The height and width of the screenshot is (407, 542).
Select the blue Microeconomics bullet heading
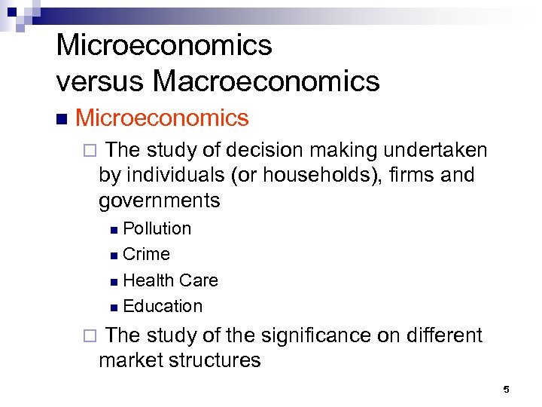[x=162, y=118]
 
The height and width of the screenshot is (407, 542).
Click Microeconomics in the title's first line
[x=164, y=45]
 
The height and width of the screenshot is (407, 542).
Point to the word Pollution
[x=157, y=228]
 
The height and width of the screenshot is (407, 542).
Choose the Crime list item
[x=146, y=254]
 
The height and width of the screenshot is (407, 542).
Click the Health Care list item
[x=170, y=280]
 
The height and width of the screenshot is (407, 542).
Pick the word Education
[x=163, y=306]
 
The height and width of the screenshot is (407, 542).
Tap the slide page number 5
[x=506, y=390]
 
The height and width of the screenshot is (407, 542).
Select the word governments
[x=159, y=201]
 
